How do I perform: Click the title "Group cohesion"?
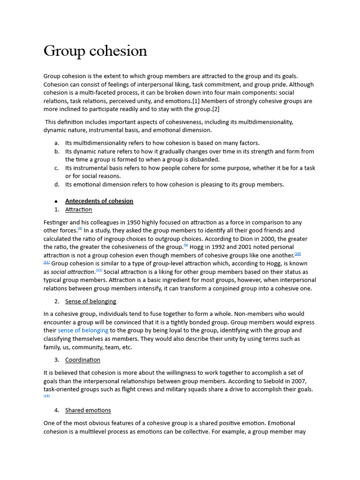95,51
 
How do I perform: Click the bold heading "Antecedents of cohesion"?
99,201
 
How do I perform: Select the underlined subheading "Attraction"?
78,210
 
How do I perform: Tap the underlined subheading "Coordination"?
82,360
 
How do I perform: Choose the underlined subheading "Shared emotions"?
88,410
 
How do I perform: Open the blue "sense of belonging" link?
83,330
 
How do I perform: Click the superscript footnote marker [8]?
80,229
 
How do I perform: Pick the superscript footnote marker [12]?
99,270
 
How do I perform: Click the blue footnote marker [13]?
46,396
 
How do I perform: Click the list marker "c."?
57,168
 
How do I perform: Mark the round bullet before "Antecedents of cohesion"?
56,202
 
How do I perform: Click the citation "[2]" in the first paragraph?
215,109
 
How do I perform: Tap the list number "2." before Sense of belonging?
57,301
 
